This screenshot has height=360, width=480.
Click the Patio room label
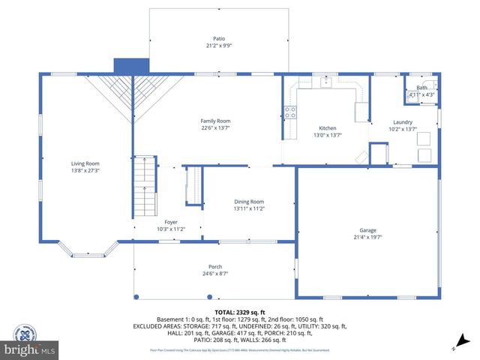pyautogui.click(x=218, y=39)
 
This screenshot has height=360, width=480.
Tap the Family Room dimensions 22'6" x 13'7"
pyautogui.click(x=215, y=128)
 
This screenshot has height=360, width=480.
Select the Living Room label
pyautogui.click(x=85, y=163)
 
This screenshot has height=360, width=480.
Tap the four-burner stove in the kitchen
pyautogui.click(x=290, y=113)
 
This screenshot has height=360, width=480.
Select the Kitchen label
pyautogui.click(x=328, y=128)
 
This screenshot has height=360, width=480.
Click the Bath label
pyautogui.click(x=421, y=88)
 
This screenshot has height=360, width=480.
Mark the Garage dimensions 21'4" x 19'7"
pyautogui.click(x=367, y=237)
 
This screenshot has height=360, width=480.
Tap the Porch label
pyautogui.click(x=215, y=267)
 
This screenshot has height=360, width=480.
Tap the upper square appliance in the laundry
pyautogui.click(x=424, y=138)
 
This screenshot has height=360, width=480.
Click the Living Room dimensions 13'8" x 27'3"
pyautogui.click(x=85, y=170)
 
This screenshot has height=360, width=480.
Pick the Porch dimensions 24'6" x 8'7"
pyautogui.click(x=215, y=274)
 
